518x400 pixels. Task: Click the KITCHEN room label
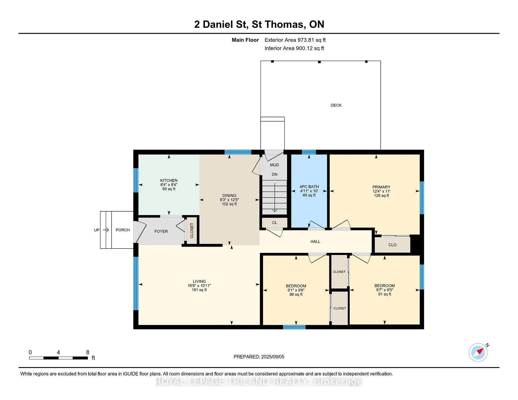click(x=169, y=181)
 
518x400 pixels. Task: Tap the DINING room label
click(x=229, y=196)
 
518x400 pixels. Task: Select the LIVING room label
click(x=199, y=281)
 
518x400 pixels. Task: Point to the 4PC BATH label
click(x=309, y=187)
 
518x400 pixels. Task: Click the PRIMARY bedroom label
click(x=381, y=187)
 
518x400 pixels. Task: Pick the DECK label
click(x=336, y=105)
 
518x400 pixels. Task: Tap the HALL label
click(x=315, y=242)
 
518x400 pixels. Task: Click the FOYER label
click(x=161, y=232)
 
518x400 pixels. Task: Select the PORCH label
click(x=123, y=230)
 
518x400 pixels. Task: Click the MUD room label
click(x=275, y=165)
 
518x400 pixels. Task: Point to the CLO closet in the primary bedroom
click(x=393, y=245)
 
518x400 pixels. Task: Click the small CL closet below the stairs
click(x=275, y=223)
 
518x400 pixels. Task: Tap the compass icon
click(x=478, y=352)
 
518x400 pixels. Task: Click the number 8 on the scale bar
click(x=88, y=352)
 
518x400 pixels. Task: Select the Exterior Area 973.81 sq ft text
click(x=295, y=40)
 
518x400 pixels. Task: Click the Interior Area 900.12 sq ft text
click(x=294, y=48)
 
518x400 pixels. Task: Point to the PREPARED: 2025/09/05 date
click(x=259, y=357)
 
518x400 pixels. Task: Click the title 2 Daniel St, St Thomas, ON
click(x=259, y=24)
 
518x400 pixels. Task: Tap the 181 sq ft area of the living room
click(x=199, y=290)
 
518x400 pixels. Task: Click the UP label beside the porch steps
click(x=97, y=230)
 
